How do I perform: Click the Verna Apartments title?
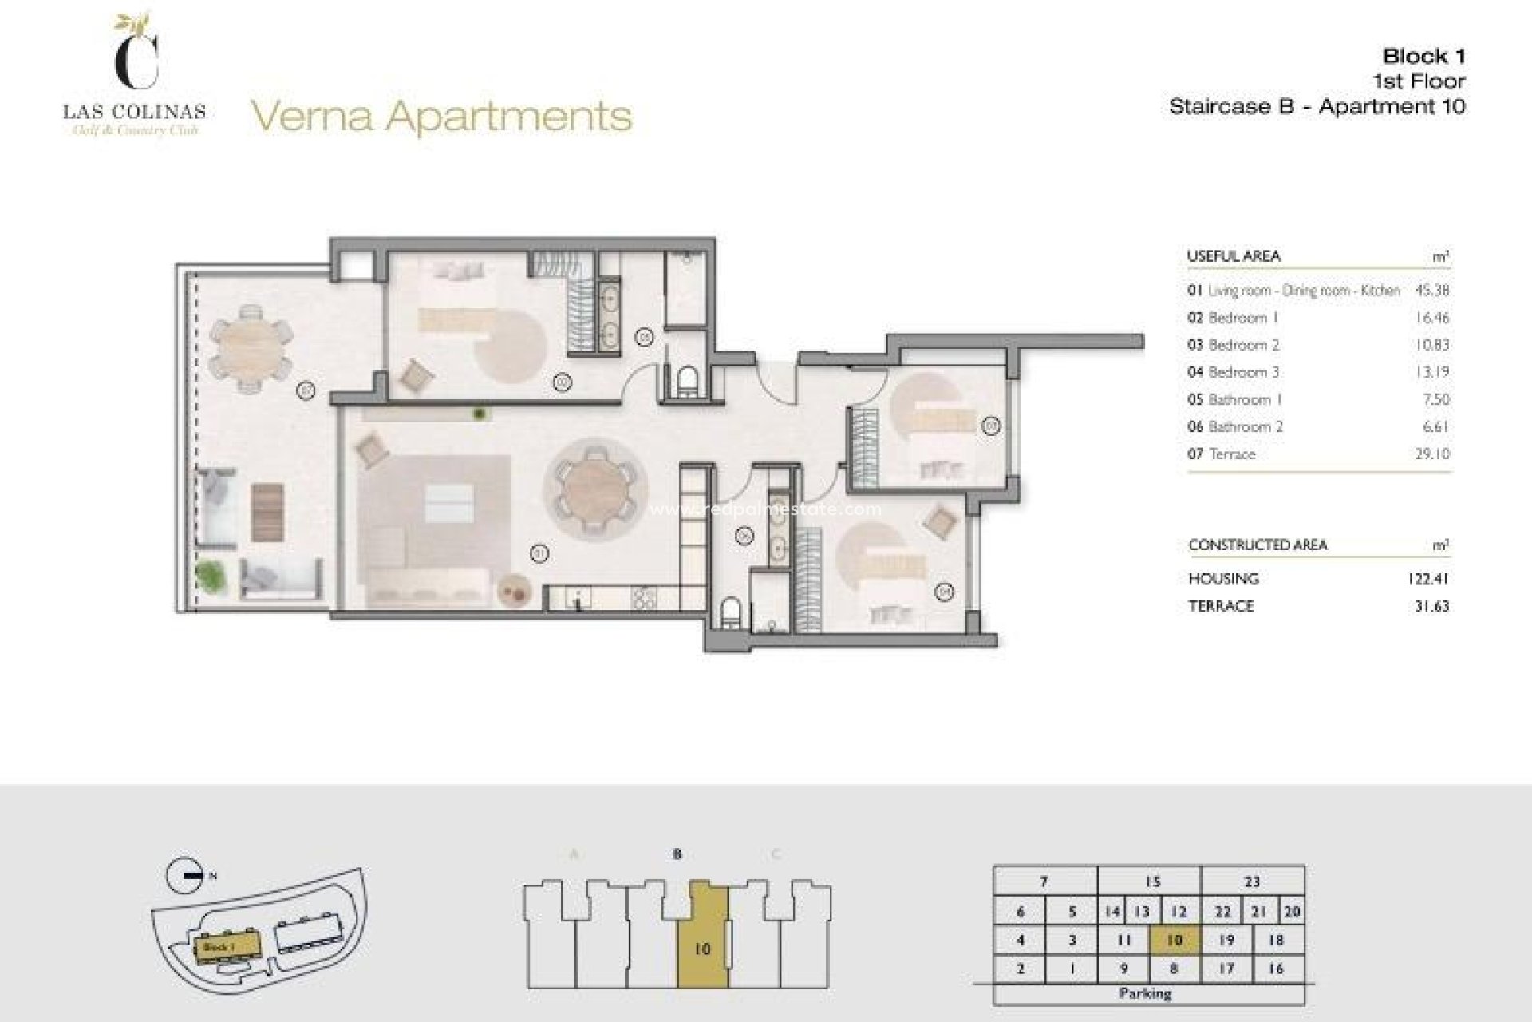[442, 117]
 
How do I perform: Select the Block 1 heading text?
[1423, 56]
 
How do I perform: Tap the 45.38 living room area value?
[1431, 291]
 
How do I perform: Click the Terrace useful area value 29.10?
[1433, 454]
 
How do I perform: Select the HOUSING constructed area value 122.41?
[1427, 579]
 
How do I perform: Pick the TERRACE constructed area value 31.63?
[1431, 606]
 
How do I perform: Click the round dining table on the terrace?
[251, 349]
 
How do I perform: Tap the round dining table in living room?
[594, 487]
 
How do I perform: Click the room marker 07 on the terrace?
[306, 390]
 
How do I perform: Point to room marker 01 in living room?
[539, 552]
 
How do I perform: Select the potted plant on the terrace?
[210, 576]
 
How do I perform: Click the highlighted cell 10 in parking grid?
[1174, 941]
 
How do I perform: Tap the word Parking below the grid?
[1145, 993]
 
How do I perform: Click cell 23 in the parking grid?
[1251, 881]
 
